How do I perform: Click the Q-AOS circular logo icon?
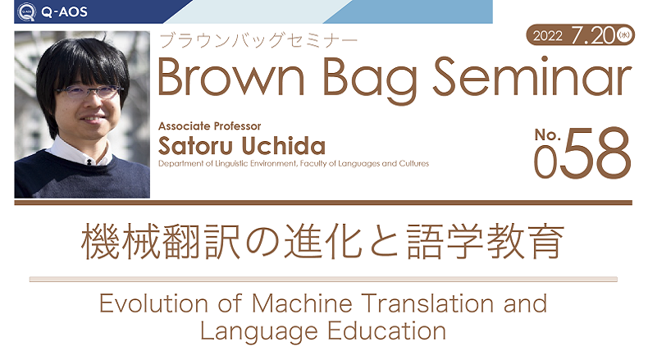pos(26,11)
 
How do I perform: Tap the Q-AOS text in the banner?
pos(64,12)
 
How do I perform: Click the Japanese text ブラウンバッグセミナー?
pos(258,41)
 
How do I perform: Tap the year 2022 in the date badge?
pos(548,36)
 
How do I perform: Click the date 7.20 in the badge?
pos(594,35)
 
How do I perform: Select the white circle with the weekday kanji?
pos(624,35)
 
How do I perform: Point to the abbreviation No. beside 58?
pos(547,134)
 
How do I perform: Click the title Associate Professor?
pos(209,126)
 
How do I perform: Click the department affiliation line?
pos(294,164)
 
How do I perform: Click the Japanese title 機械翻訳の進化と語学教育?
pos(322,242)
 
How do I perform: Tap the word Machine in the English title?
pos(302,303)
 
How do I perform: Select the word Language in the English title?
pos(259,332)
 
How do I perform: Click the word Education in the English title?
pos(387,330)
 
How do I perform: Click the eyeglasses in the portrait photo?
pos(89,91)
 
